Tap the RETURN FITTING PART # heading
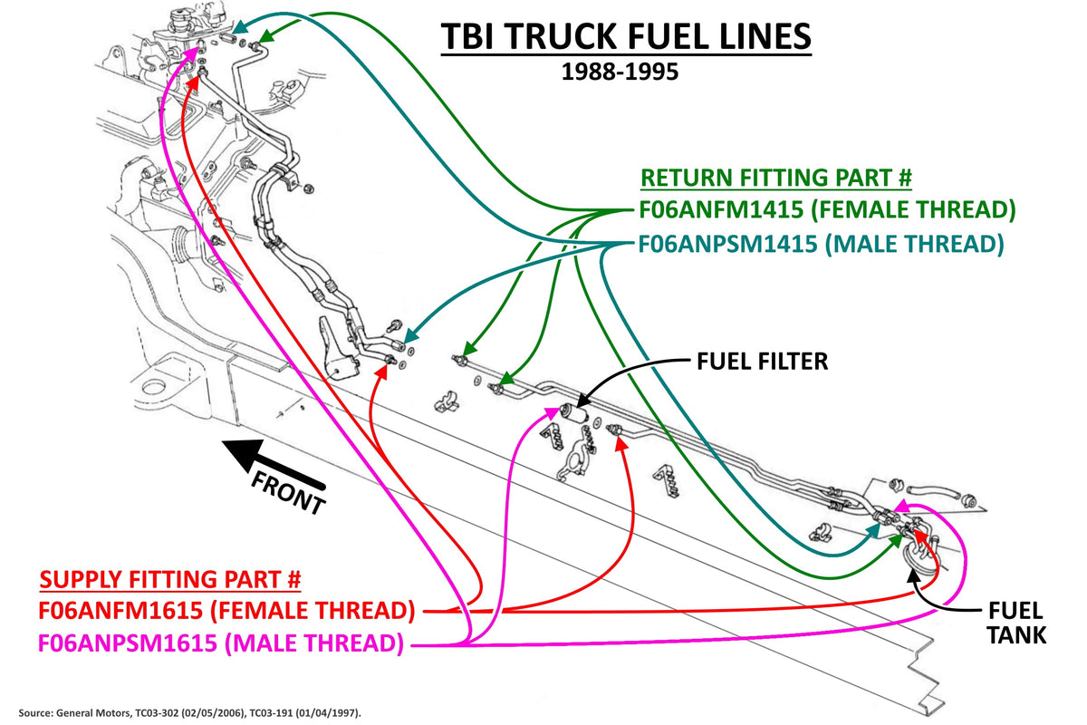click(776, 178)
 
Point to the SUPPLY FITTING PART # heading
click(170, 579)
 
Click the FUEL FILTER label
click(762, 362)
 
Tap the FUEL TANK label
click(1015, 623)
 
